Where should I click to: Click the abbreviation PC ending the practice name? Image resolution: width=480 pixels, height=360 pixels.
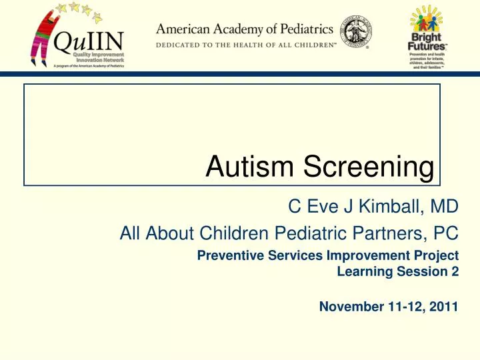pyautogui.click(x=447, y=233)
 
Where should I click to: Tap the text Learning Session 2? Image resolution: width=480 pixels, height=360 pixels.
pyautogui.click(x=398, y=271)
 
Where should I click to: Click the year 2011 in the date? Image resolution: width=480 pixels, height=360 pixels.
pyautogui.click(x=443, y=307)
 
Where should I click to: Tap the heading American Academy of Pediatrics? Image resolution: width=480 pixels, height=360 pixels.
pyautogui.click(x=245, y=29)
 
